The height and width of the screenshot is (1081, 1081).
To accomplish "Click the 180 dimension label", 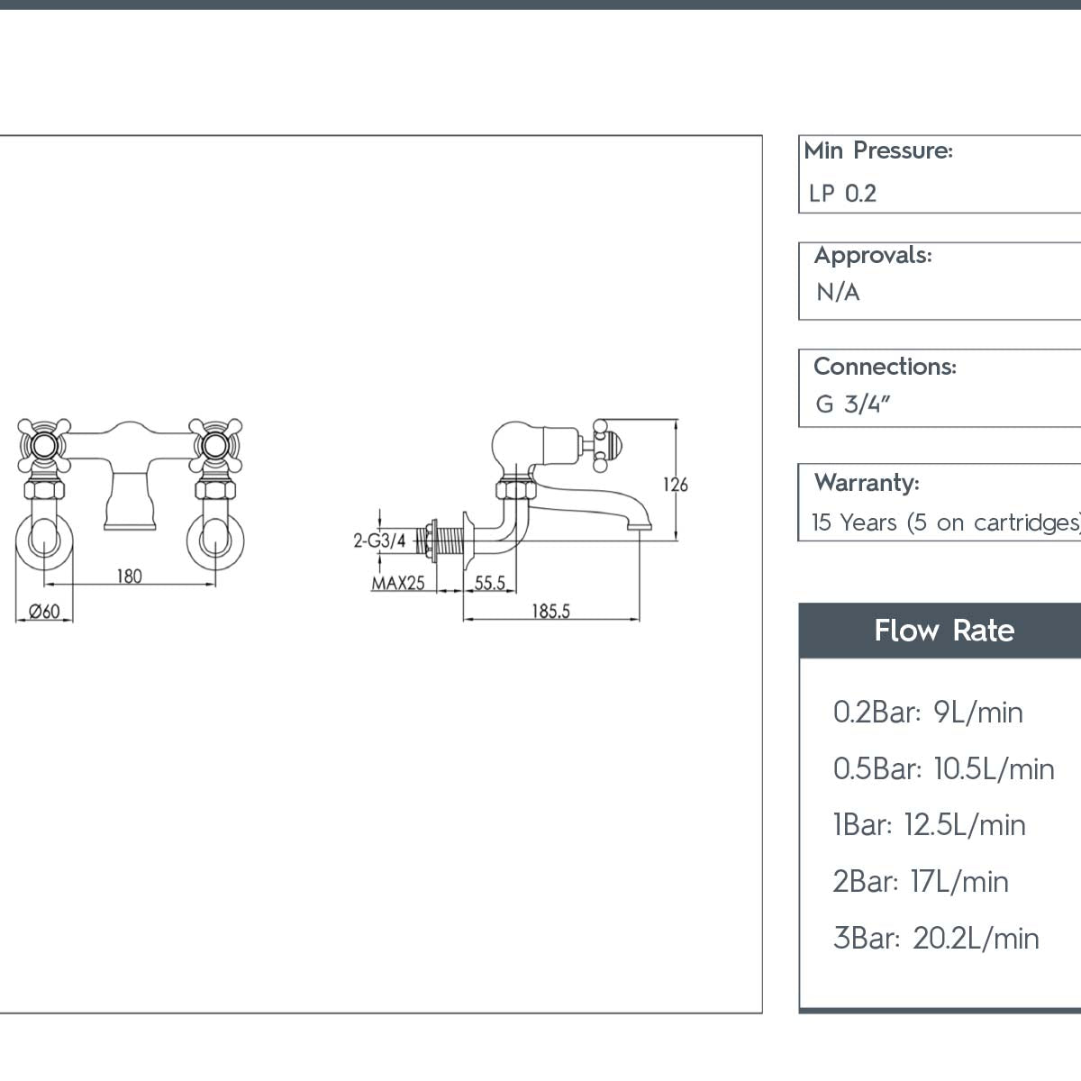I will click(129, 576).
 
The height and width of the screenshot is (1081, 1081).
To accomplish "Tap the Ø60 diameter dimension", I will click(44, 612).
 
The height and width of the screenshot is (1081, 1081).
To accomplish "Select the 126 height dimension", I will click(675, 485).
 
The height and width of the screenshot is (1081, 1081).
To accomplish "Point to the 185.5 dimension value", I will click(550, 611).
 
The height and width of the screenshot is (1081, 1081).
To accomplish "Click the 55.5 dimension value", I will click(489, 583).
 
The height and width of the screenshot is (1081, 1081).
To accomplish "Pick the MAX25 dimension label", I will click(398, 583).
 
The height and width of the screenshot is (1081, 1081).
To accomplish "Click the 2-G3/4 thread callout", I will click(378, 540).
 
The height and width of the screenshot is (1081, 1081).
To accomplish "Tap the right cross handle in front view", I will click(214, 443).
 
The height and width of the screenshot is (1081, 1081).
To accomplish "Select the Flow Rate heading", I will click(943, 631).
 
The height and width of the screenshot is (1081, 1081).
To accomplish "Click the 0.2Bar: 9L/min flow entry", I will click(928, 713).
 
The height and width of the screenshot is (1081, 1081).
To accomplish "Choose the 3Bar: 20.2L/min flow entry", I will click(936, 938).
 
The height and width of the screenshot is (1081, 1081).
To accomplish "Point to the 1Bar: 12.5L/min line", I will click(929, 825).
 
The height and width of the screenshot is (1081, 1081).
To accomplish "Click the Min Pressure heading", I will click(878, 150).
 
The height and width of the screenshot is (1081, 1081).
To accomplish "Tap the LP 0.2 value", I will click(842, 194).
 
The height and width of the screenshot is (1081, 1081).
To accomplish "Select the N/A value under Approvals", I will click(838, 293).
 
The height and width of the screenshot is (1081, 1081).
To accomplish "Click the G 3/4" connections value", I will click(852, 404).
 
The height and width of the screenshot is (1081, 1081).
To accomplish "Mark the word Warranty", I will click(866, 483).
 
